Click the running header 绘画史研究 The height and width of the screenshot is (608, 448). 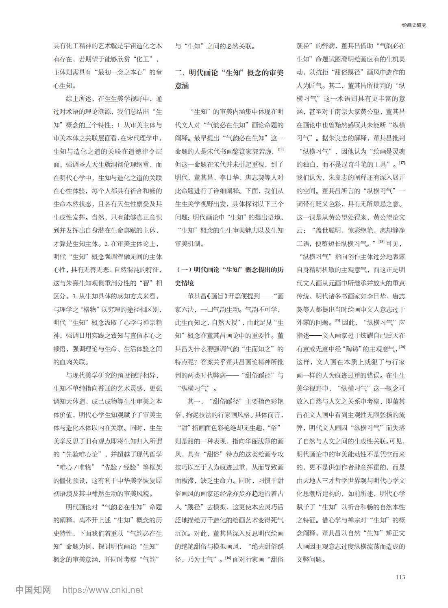tap(414, 25)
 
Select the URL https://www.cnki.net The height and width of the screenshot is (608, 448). tap(102, 590)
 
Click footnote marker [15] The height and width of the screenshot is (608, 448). tap(281, 149)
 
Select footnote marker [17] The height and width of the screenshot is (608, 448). tap(402, 163)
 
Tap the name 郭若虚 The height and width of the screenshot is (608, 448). tap(265, 151)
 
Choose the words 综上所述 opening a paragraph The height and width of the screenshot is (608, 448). tap(78, 98)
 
